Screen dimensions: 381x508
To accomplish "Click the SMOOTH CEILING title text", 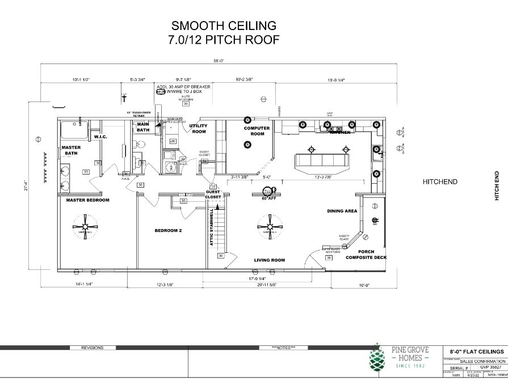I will [x=224, y=26].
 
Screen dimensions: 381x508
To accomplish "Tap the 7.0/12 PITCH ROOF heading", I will [x=224, y=40].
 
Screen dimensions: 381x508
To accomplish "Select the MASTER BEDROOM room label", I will [x=87, y=200].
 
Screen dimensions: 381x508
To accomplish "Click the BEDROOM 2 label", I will [x=168, y=231].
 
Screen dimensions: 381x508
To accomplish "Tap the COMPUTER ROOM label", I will [x=257, y=130].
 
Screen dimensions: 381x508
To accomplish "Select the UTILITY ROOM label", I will [x=198, y=129].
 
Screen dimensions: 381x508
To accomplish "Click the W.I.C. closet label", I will [x=100, y=137].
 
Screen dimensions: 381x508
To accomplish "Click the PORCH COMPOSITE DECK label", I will [x=366, y=255].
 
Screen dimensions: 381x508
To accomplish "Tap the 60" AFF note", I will [x=268, y=198].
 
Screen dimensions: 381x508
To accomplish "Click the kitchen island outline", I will [x=321, y=163].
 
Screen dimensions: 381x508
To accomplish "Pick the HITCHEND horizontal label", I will [x=440, y=182].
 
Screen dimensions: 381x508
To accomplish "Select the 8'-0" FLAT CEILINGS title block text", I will [x=476, y=352].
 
